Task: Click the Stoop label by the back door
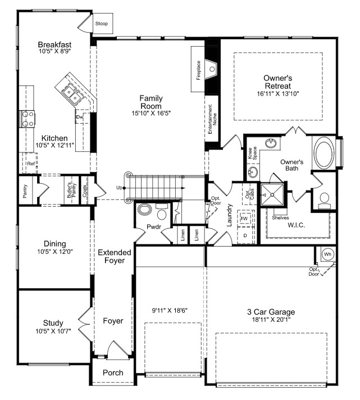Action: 102,24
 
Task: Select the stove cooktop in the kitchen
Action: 27,119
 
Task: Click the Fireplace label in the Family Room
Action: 199,71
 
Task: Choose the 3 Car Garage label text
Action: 271,312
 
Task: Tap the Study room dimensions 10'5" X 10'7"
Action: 53,331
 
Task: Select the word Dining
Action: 55,244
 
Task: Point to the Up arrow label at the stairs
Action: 119,188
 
